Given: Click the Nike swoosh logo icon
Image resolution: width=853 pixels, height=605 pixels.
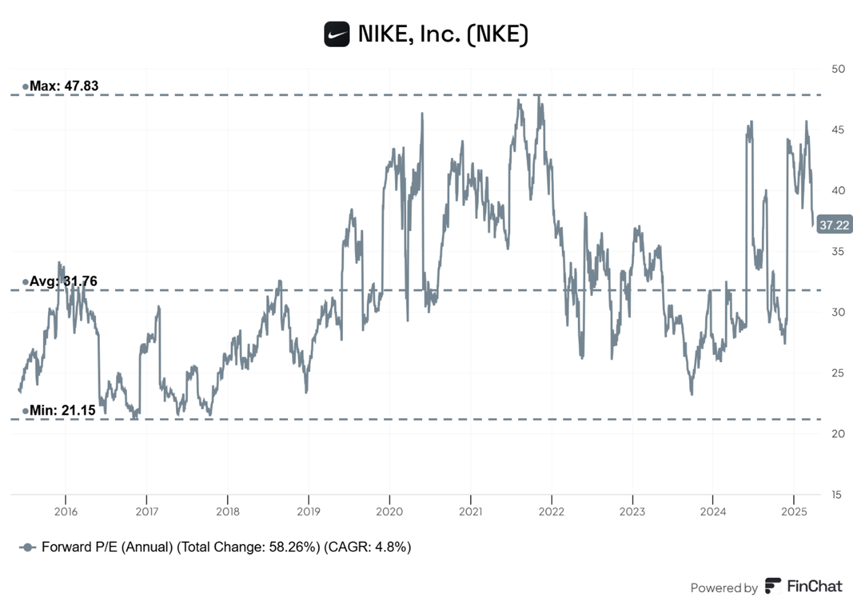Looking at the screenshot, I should click(336, 34).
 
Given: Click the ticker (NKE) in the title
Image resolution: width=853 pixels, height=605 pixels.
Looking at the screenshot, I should click(498, 34).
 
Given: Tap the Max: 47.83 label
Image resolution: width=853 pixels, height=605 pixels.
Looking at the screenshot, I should click(63, 86).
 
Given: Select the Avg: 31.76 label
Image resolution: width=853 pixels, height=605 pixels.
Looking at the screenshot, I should click(63, 281).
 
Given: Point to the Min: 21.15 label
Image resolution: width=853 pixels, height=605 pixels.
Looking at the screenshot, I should click(62, 410).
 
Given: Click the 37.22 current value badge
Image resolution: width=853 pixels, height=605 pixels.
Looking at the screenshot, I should click(834, 225).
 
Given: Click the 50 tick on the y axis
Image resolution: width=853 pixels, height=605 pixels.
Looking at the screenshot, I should click(838, 69).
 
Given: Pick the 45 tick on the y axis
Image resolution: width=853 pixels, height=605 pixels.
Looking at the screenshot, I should click(838, 130).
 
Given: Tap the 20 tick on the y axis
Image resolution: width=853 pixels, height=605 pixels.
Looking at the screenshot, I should click(838, 434).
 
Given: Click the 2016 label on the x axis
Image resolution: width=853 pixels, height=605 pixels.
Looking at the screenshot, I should click(65, 512).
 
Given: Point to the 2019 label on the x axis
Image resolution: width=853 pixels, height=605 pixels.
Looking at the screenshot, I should click(309, 512).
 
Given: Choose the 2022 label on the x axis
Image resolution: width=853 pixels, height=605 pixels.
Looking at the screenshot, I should click(551, 512).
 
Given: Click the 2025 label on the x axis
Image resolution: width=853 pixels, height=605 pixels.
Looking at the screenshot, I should click(794, 512).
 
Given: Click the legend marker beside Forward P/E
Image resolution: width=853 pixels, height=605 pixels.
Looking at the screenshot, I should click(28, 547).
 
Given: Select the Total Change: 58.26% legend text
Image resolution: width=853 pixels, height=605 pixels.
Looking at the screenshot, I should click(248, 547).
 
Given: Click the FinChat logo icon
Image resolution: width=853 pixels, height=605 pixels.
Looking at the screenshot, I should click(772, 585).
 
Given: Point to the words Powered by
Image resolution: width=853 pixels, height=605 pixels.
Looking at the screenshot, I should click(724, 588).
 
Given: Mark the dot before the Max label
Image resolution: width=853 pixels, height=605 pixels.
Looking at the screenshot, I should click(25, 87).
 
